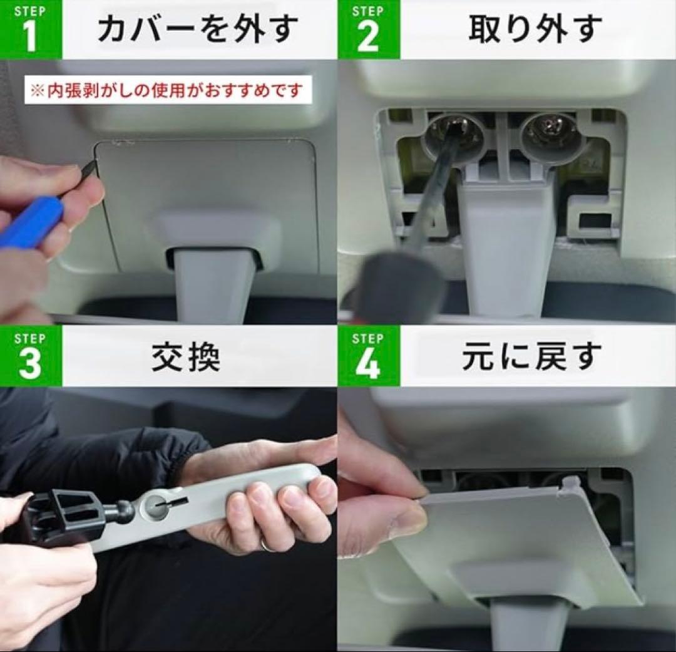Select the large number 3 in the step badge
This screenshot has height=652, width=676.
click(30, 364)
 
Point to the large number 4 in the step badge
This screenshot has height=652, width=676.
click(368, 364)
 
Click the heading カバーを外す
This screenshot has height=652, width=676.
click(198, 29)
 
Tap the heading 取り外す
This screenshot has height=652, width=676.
click(535, 29)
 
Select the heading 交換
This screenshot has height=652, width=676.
click(186, 357)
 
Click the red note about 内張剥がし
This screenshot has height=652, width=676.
click(168, 90)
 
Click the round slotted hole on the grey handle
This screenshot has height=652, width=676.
click(157, 504)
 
